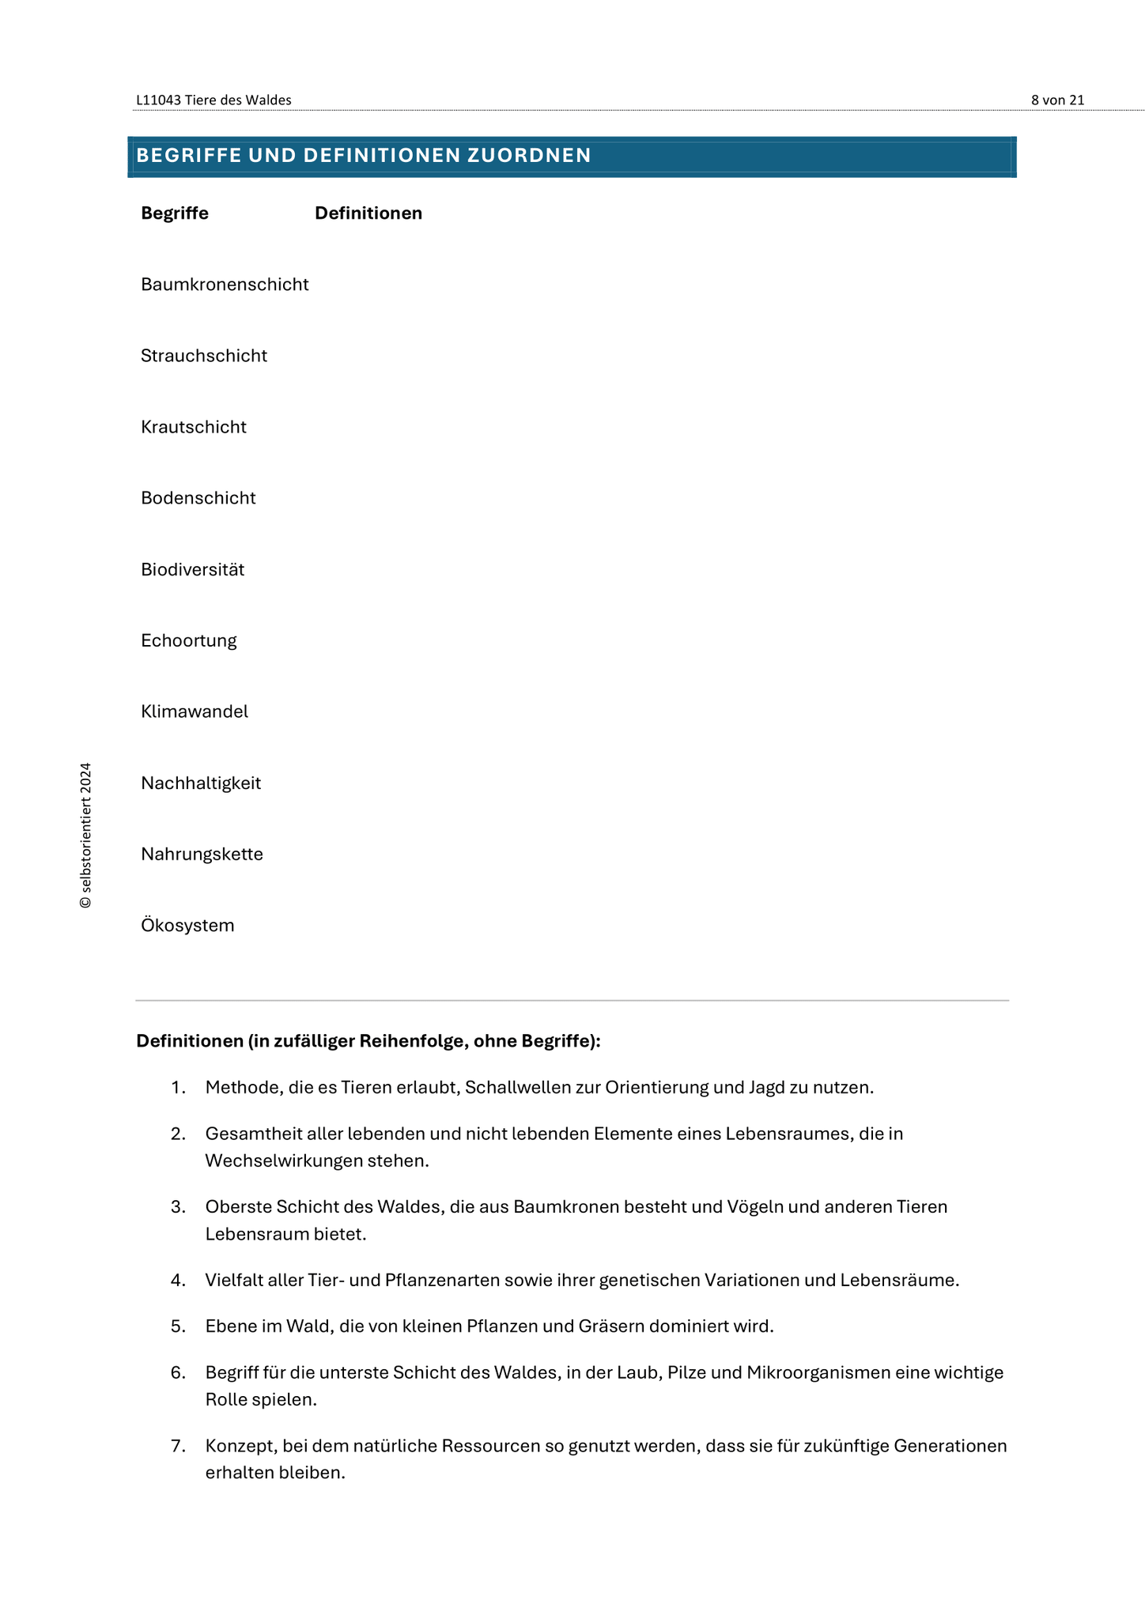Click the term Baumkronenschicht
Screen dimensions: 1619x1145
point(225,285)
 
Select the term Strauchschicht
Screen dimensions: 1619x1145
point(204,356)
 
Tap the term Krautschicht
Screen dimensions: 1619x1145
point(194,427)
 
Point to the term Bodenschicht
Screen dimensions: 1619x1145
point(198,498)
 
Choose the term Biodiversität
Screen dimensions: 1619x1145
point(193,569)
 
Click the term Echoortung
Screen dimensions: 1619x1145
point(189,640)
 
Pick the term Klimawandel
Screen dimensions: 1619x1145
point(195,711)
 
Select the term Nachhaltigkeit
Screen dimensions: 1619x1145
point(201,783)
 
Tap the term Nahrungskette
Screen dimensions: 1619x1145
point(202,855)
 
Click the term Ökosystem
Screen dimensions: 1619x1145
point(187,926)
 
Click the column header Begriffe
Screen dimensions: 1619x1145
point(175,213)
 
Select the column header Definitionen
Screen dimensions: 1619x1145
point(368,213)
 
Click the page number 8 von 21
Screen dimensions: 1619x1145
point(1057,100)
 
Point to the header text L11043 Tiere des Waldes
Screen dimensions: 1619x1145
point(214,100)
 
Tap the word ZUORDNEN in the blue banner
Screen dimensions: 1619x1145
point(529,156)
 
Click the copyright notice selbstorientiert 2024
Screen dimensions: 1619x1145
point(86,835)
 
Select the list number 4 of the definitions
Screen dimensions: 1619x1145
point(177,1280)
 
